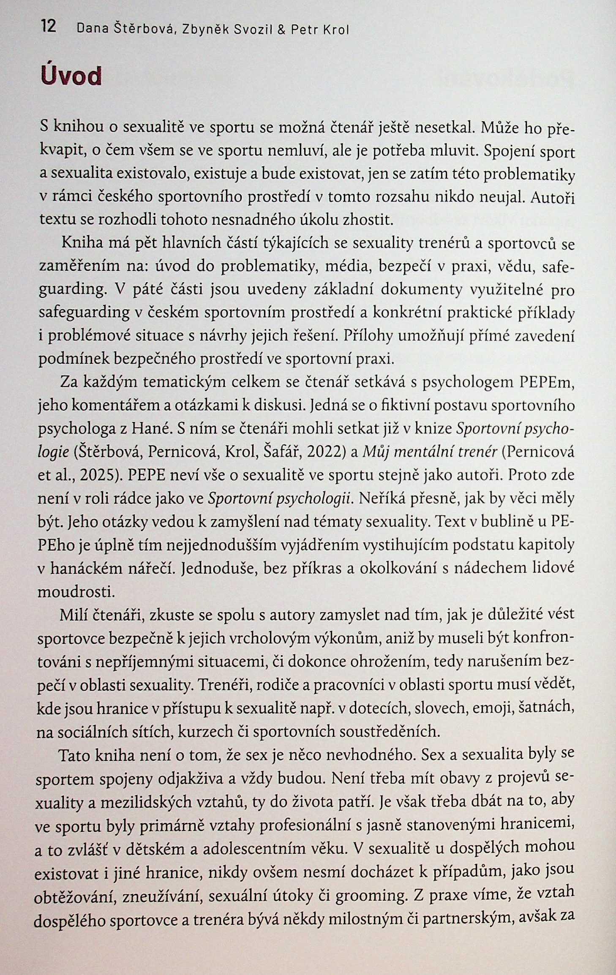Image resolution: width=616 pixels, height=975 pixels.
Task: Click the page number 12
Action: coord(48,27)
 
